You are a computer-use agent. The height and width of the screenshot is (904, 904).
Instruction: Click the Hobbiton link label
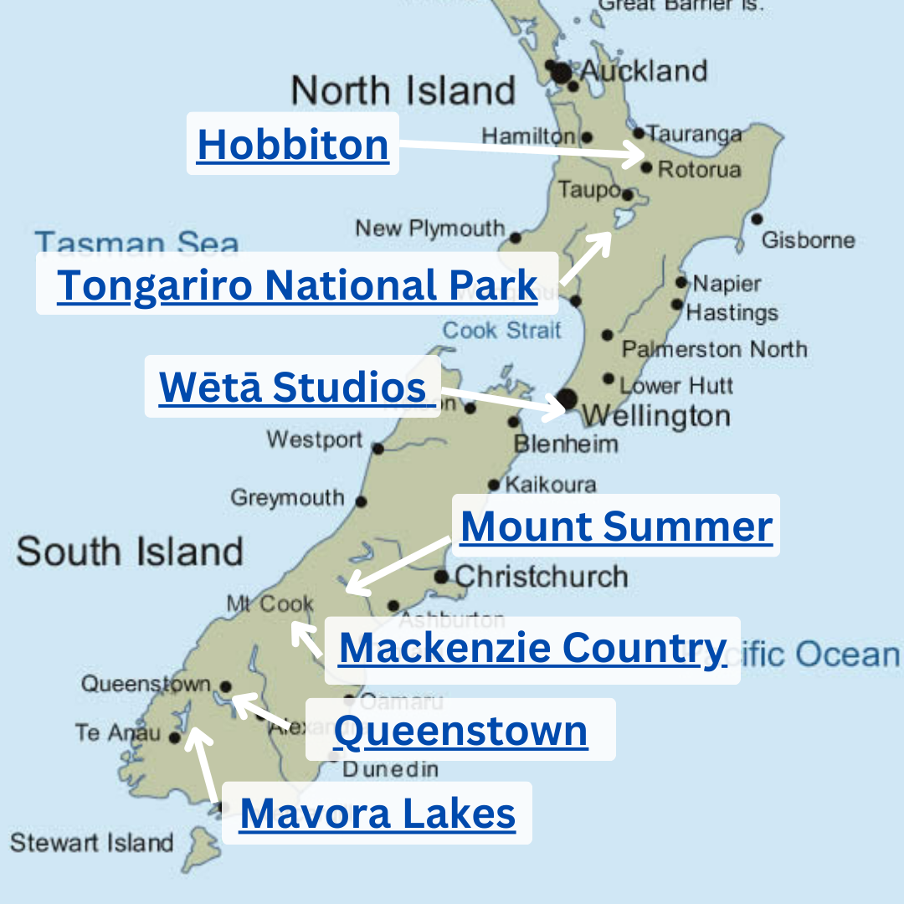point(293,144)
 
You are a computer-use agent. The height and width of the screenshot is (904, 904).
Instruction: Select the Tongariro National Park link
point(297,285)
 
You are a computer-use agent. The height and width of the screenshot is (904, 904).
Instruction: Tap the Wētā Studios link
point(293,388)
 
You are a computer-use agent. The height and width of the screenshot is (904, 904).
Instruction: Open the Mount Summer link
point(616,526)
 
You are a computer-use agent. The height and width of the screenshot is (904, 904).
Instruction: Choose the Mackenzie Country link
point(532,648)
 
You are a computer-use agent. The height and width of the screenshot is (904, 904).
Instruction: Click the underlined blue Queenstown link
point(460,731)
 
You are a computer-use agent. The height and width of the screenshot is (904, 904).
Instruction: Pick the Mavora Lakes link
point(378,813)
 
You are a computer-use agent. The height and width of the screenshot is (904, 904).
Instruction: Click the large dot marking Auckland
point(561,73)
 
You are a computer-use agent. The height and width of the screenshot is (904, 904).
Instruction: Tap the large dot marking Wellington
point(567,398)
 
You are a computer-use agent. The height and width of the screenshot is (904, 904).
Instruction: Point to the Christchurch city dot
point(441,576)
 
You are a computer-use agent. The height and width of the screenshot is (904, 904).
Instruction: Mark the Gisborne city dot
point(757,219)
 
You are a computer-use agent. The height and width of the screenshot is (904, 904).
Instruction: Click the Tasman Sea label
point(136,244)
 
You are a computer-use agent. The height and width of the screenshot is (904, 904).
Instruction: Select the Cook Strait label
point(501,330)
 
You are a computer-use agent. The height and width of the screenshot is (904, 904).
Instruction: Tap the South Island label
point(130,552)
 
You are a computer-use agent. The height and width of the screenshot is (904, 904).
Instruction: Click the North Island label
point(403,90)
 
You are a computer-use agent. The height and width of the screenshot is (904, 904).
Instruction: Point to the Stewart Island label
point(91,842)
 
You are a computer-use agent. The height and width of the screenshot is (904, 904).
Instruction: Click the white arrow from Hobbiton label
point(519,150)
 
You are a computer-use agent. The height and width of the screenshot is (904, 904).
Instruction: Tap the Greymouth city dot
point(361,502)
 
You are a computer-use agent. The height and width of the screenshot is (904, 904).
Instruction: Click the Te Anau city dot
point(174,737)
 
